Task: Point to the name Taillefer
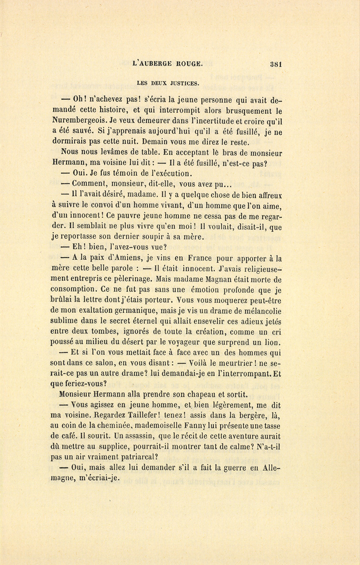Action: [175, 415]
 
